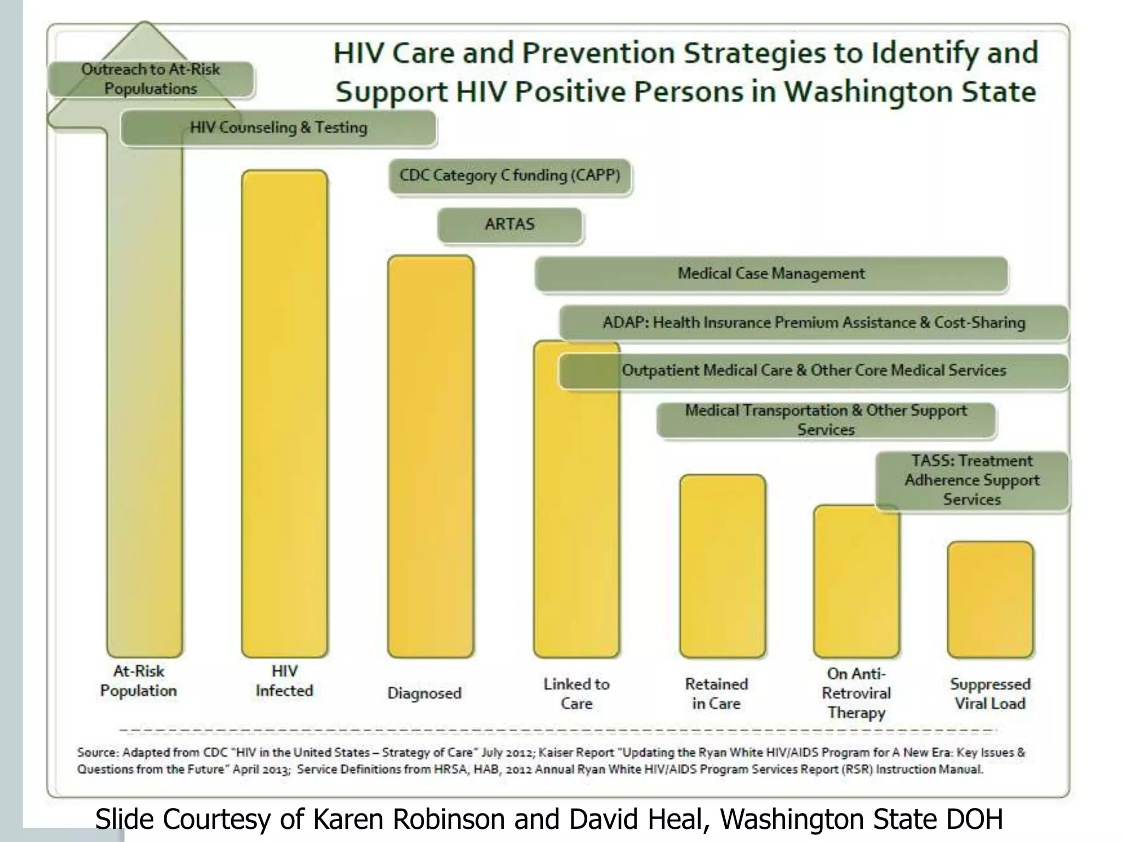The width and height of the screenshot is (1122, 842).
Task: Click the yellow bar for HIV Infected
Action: (284, 414)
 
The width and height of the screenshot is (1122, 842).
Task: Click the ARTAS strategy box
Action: (510, 224)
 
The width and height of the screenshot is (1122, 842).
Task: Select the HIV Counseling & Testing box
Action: (278, 128)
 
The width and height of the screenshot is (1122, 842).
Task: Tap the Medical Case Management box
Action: (771, 274)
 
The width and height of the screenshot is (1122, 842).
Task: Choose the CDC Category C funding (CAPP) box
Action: (510, 175)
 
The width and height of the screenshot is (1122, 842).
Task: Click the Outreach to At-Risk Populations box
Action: (151, 79)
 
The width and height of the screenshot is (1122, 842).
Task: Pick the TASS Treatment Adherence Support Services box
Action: (971, 480)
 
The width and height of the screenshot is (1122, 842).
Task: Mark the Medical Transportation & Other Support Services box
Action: (826, 420)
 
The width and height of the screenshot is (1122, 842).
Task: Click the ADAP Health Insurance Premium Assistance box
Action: (814, 322)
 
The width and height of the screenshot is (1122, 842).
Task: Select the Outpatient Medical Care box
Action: (814, 371)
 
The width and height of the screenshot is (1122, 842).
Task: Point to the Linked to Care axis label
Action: (576, 693)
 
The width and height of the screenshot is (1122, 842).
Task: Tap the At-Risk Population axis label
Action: (139, 681)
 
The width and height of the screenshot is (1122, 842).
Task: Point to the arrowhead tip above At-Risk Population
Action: (145, 25)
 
